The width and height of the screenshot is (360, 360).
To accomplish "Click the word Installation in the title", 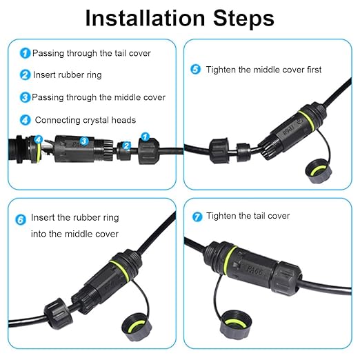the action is click(145, 18).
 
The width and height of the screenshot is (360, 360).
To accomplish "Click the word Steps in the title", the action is click(243, 18).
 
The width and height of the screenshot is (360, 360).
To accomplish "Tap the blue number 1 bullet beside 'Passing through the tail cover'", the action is click(25, 53).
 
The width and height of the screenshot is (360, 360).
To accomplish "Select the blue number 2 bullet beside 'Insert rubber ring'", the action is click(25, 75).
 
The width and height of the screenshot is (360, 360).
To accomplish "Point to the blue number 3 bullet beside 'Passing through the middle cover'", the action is click(25, 97).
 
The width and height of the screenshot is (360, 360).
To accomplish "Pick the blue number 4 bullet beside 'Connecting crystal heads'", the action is click(25, 120).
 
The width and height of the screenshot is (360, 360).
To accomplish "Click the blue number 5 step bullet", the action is click(195, 69).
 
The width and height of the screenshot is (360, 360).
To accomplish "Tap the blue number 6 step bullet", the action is click(21, 219).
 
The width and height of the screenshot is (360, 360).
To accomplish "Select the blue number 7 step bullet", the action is click(197, 217).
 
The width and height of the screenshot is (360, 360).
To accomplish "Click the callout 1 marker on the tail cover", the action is click(145, 137).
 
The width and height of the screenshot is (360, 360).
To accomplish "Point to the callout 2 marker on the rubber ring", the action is click(126, 146).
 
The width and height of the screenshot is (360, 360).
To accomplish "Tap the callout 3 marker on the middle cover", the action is click(84, 141).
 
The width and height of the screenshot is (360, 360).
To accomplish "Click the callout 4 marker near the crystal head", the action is click(39, 139).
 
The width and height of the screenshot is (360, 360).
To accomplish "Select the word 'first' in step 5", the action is click(314, 70).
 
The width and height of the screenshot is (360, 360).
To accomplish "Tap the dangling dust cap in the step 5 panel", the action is click(319, 171).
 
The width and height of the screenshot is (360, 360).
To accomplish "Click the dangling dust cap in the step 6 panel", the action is click(137, 326).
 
